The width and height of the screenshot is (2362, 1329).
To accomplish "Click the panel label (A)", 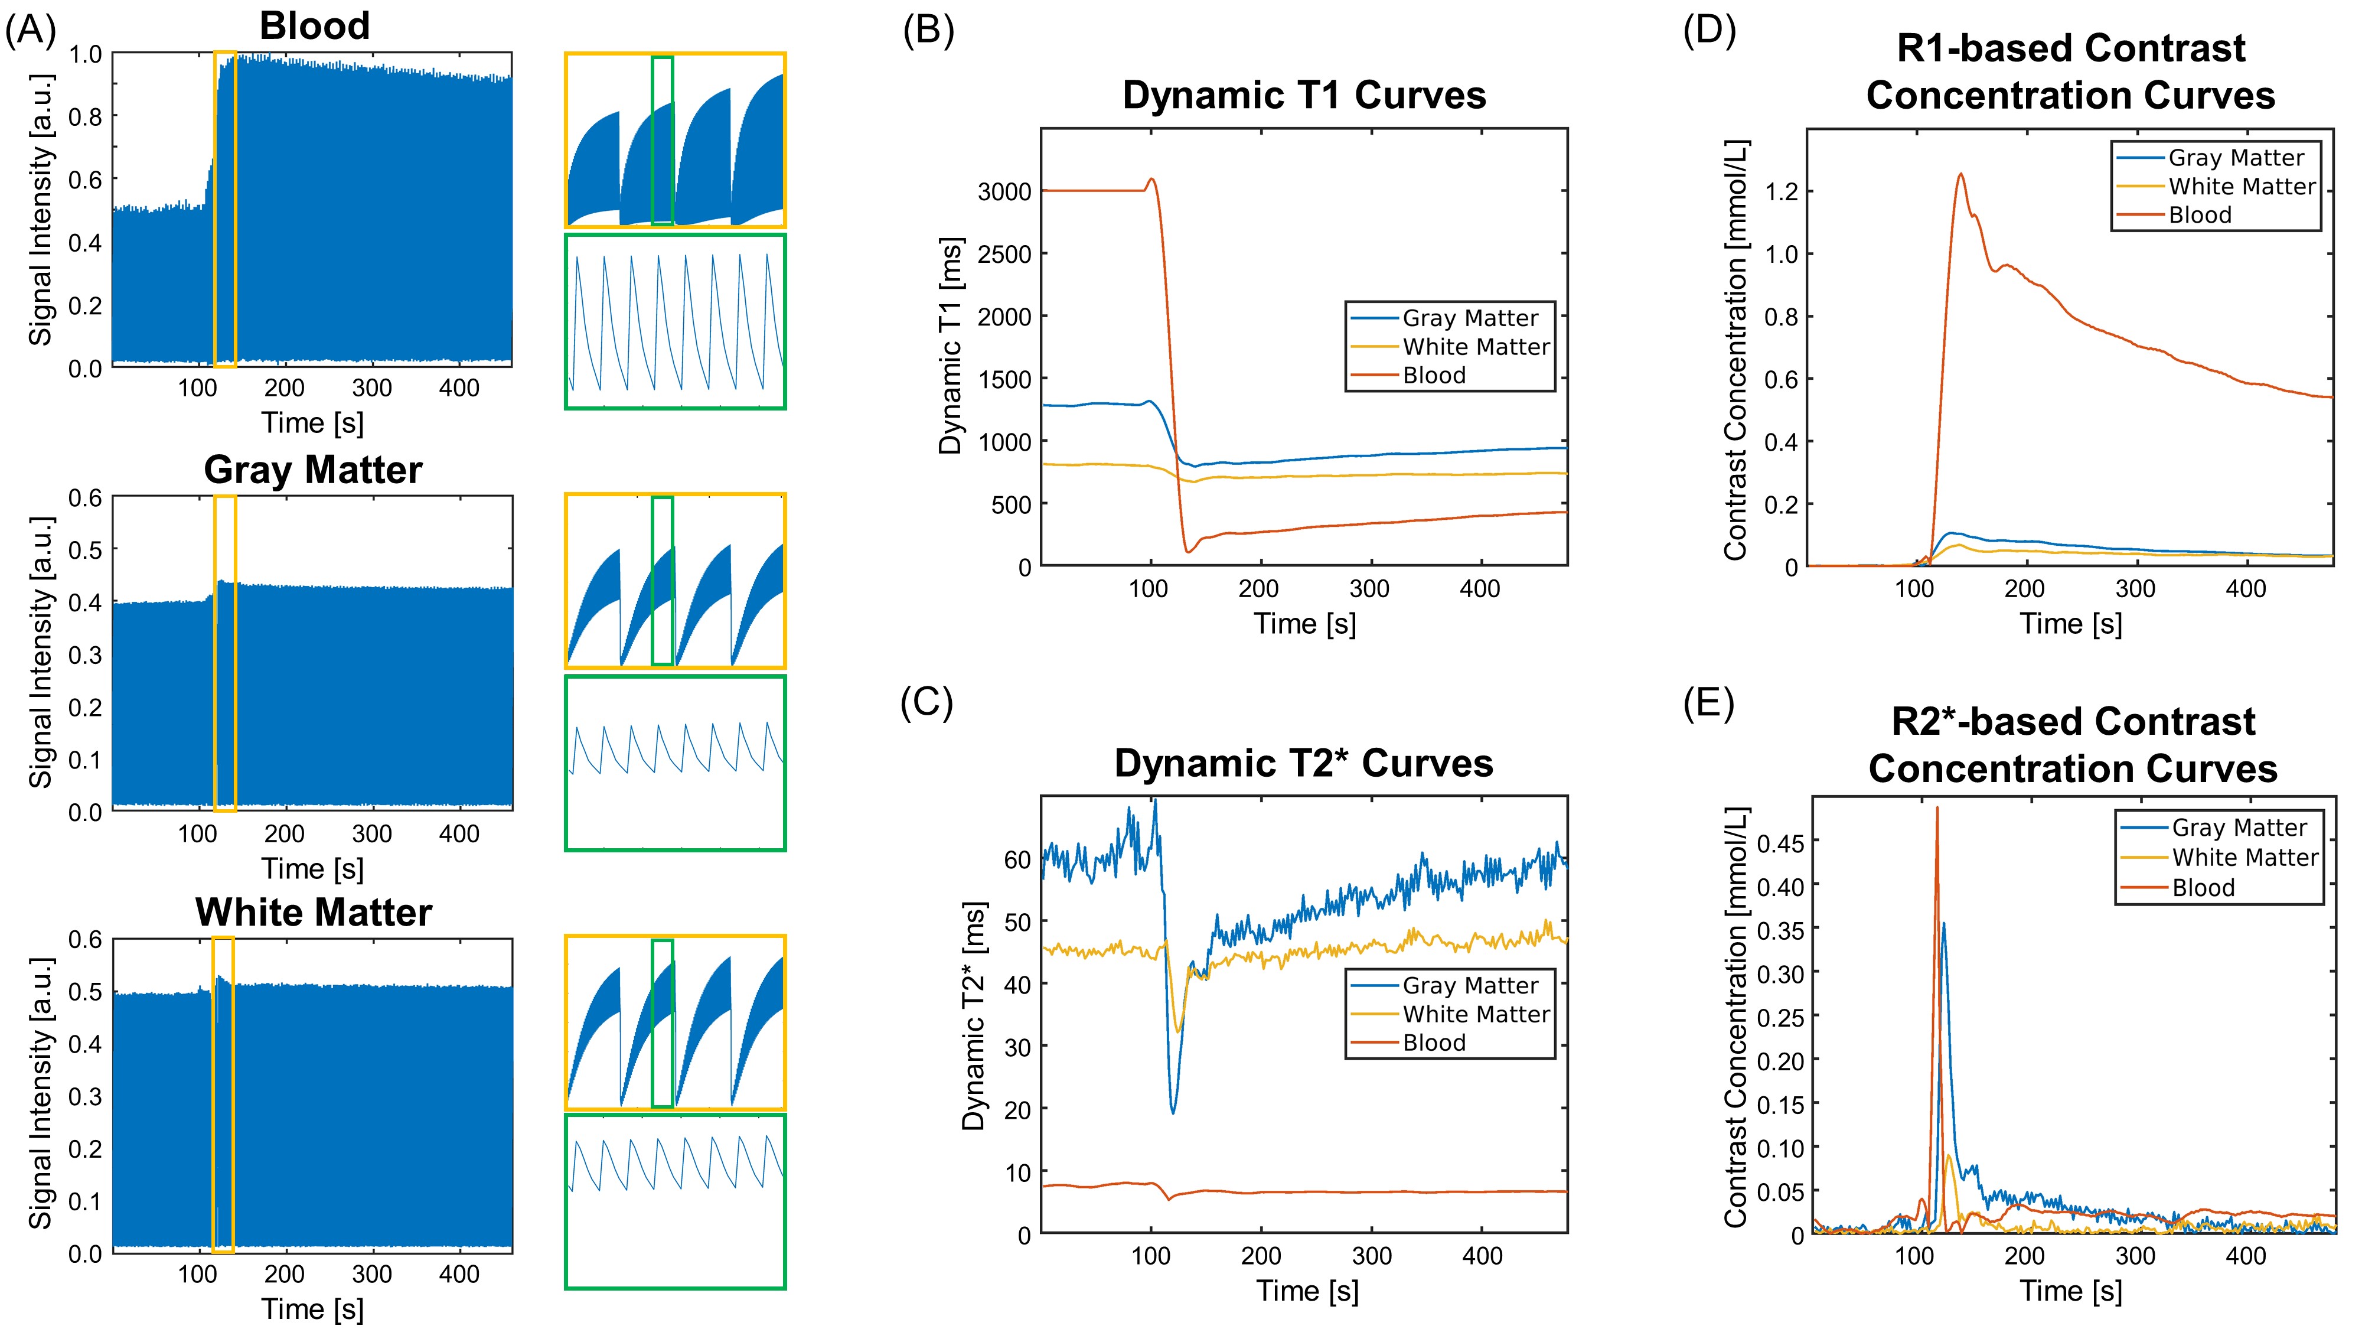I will [30, 30].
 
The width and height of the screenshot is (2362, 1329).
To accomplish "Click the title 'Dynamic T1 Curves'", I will [1303, 95].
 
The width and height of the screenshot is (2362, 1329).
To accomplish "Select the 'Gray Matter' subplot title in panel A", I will [313, 470].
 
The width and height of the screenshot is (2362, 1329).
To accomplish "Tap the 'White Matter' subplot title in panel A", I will [313, 913].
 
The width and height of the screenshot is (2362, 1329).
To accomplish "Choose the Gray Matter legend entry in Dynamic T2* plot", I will [1470, 985].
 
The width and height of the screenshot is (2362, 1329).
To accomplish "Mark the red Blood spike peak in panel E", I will [1937, 808].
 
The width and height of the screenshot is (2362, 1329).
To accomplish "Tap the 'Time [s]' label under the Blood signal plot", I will [313, 423].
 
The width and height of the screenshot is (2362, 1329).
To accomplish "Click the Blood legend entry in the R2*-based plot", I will [2203, 888].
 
